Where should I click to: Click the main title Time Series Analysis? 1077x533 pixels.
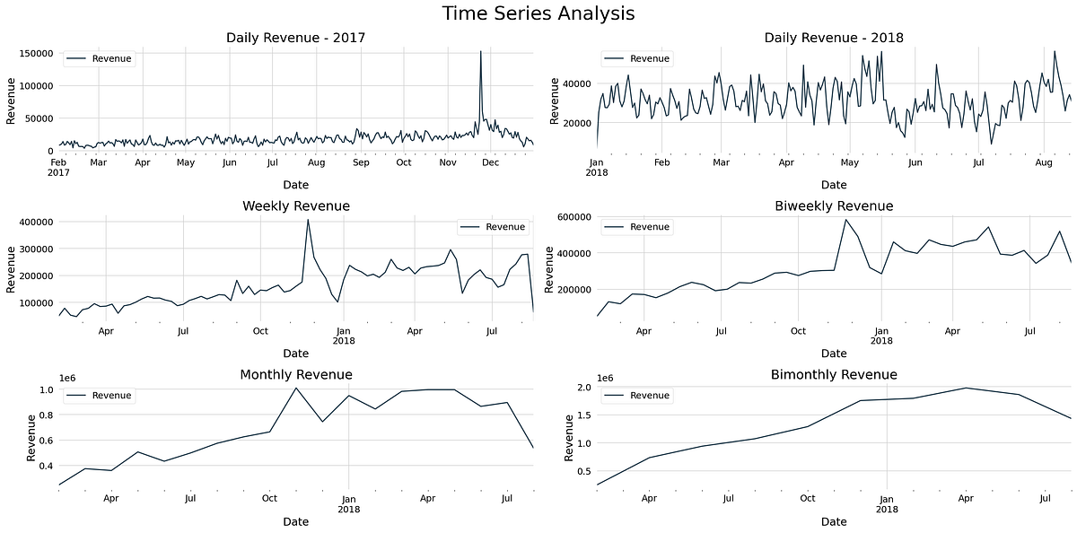pyautogui.click(x=538, y=13)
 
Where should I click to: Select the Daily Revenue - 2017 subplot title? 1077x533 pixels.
pyautogui.click(x=295, y=38)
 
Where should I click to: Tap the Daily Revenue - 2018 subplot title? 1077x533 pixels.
pyautogui.click(x=834, y=38)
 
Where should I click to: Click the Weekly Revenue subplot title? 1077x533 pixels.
pyautogui.click(x=295, y=206)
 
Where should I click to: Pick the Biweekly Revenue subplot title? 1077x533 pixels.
pyautogui.click(x=834, y=206)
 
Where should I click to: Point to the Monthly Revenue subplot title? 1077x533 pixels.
pyautogui.click(x=295, y=374)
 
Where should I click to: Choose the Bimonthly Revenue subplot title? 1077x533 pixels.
pyautogui.click(x=834, y=374)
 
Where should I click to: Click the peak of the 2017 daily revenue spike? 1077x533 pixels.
pyautogui.click(x=480, y=52)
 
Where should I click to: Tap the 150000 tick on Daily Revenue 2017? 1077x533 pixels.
pyautogui.click(x=34, y=53)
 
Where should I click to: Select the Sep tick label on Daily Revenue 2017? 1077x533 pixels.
pyautogui.click(x=361, y=162)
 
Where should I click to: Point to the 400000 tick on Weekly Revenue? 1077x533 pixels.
pyautogui.click(x=34, y=222)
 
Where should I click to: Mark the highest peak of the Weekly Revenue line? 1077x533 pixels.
pyautogui.click(x=308, y=220)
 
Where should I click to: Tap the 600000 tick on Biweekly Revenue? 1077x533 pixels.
pyautogui.click(x=573, y=217)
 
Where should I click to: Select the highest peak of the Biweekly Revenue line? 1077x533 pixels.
pyautogui.click(x=845, y=219)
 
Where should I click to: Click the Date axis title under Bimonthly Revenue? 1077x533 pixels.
pyautogui.click(x=834, y=521)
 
